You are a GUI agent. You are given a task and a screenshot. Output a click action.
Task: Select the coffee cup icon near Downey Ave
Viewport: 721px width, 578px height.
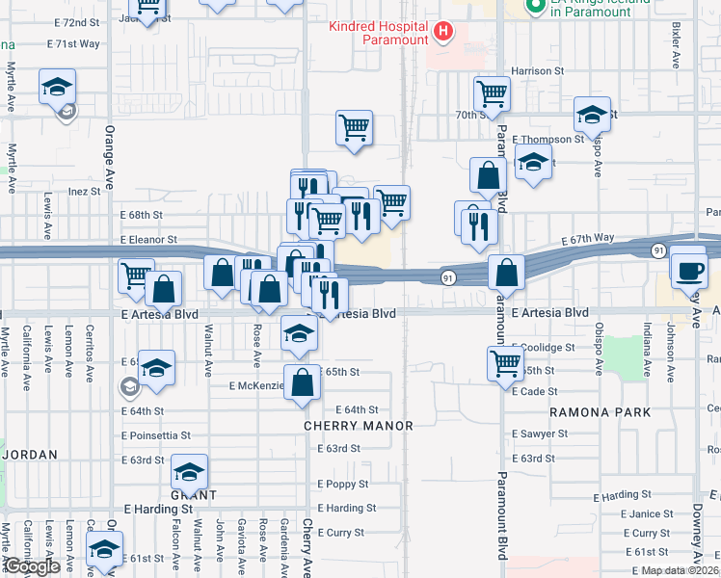point(690,270)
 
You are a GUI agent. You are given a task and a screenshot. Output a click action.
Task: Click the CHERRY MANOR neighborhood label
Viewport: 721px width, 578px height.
point(358,426)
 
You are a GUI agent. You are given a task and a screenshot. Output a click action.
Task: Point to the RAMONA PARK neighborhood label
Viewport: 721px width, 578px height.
point(600,412)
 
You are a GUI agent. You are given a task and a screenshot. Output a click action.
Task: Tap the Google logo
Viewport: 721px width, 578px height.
point(32,566)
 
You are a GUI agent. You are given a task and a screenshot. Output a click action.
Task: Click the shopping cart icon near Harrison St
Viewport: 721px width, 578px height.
point(492,94)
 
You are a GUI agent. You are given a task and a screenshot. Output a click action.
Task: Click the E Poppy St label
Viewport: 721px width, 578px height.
point(344,485)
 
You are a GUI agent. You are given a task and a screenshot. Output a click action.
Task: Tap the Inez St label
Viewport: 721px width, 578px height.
point(85,192)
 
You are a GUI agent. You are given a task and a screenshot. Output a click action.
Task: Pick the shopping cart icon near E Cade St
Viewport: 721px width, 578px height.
point(505,364)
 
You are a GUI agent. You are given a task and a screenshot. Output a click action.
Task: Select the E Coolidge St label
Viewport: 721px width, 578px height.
point(544,348)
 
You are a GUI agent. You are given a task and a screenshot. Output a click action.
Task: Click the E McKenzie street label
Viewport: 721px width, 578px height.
point(256,386)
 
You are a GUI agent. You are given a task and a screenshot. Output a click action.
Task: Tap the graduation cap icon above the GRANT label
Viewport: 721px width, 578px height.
point(190,472)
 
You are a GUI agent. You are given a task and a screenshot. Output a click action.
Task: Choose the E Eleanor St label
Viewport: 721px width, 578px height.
point(148,239)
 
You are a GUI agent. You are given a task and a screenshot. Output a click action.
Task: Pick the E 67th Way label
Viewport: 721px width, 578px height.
point(588,238)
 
